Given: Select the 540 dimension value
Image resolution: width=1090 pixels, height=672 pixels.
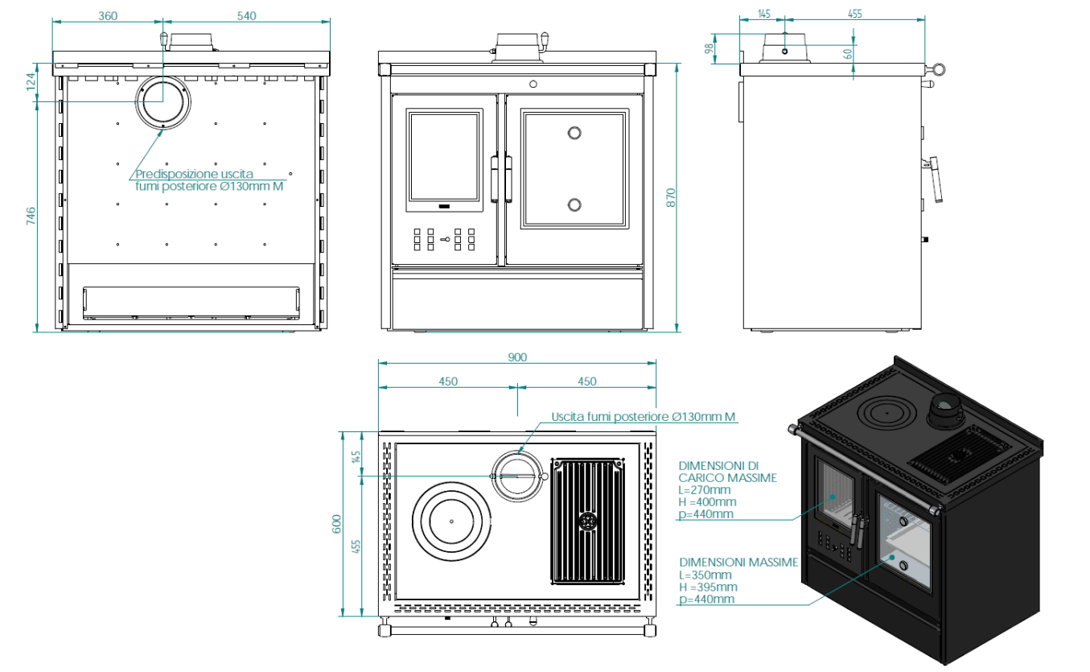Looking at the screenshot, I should [x=247, y=16].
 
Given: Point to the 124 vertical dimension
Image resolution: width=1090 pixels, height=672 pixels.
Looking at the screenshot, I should [x=31, y=81].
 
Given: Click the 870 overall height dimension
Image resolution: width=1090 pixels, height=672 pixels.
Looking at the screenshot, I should [x=671, y=197].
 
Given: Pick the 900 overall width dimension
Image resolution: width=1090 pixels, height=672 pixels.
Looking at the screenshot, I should [x=517, y=357].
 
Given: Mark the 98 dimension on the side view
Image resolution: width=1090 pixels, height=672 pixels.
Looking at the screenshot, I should [x=709, y=47].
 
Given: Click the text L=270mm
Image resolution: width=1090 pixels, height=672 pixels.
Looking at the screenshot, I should [x=705, y=489].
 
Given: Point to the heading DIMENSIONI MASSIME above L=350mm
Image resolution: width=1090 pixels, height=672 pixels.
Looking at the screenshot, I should [x=738, y=562].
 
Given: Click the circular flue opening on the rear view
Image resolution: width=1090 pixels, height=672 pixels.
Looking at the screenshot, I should [x=164, y=101].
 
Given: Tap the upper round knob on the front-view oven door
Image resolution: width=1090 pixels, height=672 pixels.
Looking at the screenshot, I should [x=574, y=133].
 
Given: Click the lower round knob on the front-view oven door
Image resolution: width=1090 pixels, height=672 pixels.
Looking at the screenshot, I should [x=574, y=204].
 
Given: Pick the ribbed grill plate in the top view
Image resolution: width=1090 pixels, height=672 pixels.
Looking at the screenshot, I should [x=587, y=522].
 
